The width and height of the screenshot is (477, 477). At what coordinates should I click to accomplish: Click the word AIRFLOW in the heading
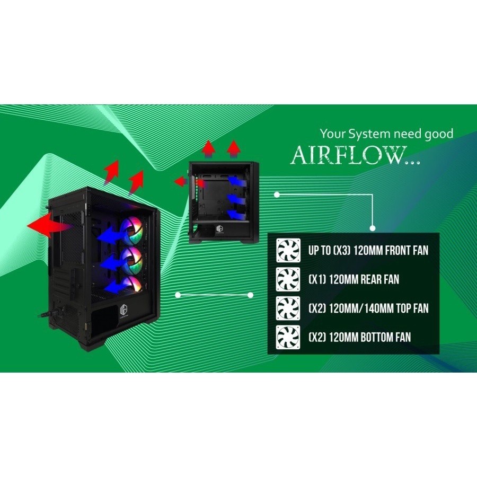pos(349,155)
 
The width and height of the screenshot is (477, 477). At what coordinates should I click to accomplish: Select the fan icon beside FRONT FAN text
pos(288,250)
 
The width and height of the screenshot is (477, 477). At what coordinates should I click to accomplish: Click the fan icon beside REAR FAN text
pos(288,279)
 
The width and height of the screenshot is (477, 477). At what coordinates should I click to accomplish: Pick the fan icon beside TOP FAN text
pos(288,308)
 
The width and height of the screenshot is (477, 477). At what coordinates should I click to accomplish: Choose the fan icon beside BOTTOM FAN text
pos(288,337)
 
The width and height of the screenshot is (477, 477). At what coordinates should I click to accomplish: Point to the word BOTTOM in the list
pos(376,337)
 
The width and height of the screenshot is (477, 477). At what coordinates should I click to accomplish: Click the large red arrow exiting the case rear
pos(49,225)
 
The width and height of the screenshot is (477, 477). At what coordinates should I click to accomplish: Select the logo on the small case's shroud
pos(219,229)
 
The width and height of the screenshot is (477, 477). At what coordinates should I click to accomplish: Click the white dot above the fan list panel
pos(277,195)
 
